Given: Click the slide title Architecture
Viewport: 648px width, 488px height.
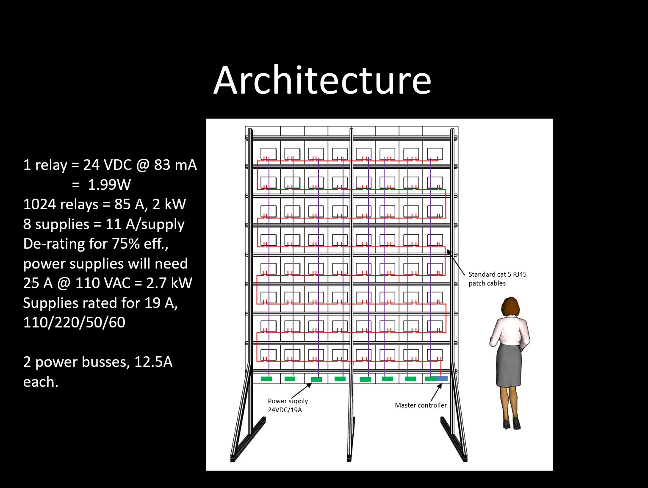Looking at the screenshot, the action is (322, 80).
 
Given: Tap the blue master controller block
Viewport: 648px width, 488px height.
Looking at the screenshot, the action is (442, 378).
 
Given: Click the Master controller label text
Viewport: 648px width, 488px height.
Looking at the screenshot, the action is (421, 405).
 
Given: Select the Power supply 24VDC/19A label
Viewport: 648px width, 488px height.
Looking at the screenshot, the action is (288, 405).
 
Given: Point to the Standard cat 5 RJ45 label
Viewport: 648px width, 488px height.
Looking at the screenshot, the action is (498, 279).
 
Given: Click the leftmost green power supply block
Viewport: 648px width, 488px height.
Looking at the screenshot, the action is (266, 379).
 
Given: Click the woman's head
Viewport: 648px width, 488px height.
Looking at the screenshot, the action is (510, 307).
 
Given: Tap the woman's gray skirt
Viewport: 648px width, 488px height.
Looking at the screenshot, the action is (509, 365).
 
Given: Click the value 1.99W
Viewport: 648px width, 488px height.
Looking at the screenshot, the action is (109, 185).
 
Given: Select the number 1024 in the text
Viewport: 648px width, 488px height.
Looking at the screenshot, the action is (39, 204).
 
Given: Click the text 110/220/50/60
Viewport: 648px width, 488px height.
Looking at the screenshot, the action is (74, 322).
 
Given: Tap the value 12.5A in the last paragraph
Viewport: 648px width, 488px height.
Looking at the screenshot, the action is (153, 362).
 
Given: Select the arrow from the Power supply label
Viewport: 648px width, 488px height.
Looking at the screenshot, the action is (302, 391).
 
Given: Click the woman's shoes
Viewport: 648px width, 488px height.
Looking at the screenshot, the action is (512, 424).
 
